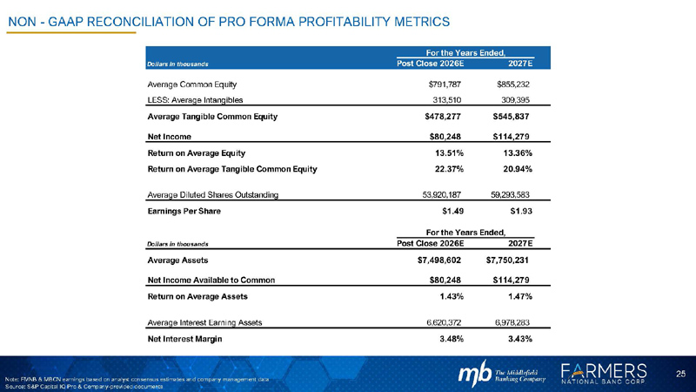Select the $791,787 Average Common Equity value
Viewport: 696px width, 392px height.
click(446, 84)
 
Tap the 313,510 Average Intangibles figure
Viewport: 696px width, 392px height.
click(450, 100)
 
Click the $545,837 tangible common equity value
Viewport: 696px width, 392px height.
click(512, 118)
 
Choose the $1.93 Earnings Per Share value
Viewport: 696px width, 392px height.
click(520, 212)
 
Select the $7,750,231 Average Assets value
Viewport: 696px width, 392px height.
click(508, 260)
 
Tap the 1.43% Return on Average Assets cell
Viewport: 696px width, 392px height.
click(456, 295)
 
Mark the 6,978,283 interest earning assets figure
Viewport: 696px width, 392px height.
click(512, 321)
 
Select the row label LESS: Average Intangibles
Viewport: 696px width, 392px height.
click(195, 100)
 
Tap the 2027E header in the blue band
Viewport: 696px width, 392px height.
click(519, 64)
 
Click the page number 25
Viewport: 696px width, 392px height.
click(681, 373)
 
